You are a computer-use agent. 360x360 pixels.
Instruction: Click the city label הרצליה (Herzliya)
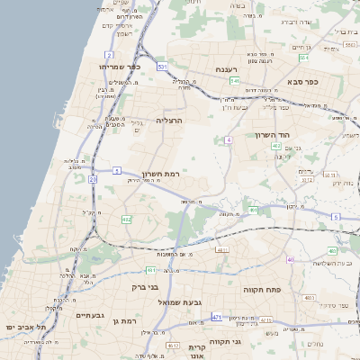coord(169,120)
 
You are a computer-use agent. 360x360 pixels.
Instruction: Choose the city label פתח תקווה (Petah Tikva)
coord(262,291)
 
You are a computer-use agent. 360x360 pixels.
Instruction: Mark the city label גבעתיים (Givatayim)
coord(91,315)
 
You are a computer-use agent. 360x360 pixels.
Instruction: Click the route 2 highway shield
coord(108,55)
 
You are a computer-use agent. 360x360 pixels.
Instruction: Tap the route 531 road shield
coord(162,67)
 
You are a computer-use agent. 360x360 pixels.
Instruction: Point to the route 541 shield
coord(234,81)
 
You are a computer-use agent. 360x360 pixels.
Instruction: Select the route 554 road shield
coord(303,58)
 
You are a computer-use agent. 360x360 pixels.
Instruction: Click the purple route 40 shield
coord(290,259)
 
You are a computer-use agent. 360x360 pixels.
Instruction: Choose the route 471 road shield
coord(217,317)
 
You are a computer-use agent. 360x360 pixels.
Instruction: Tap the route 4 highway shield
coord(229,139)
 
